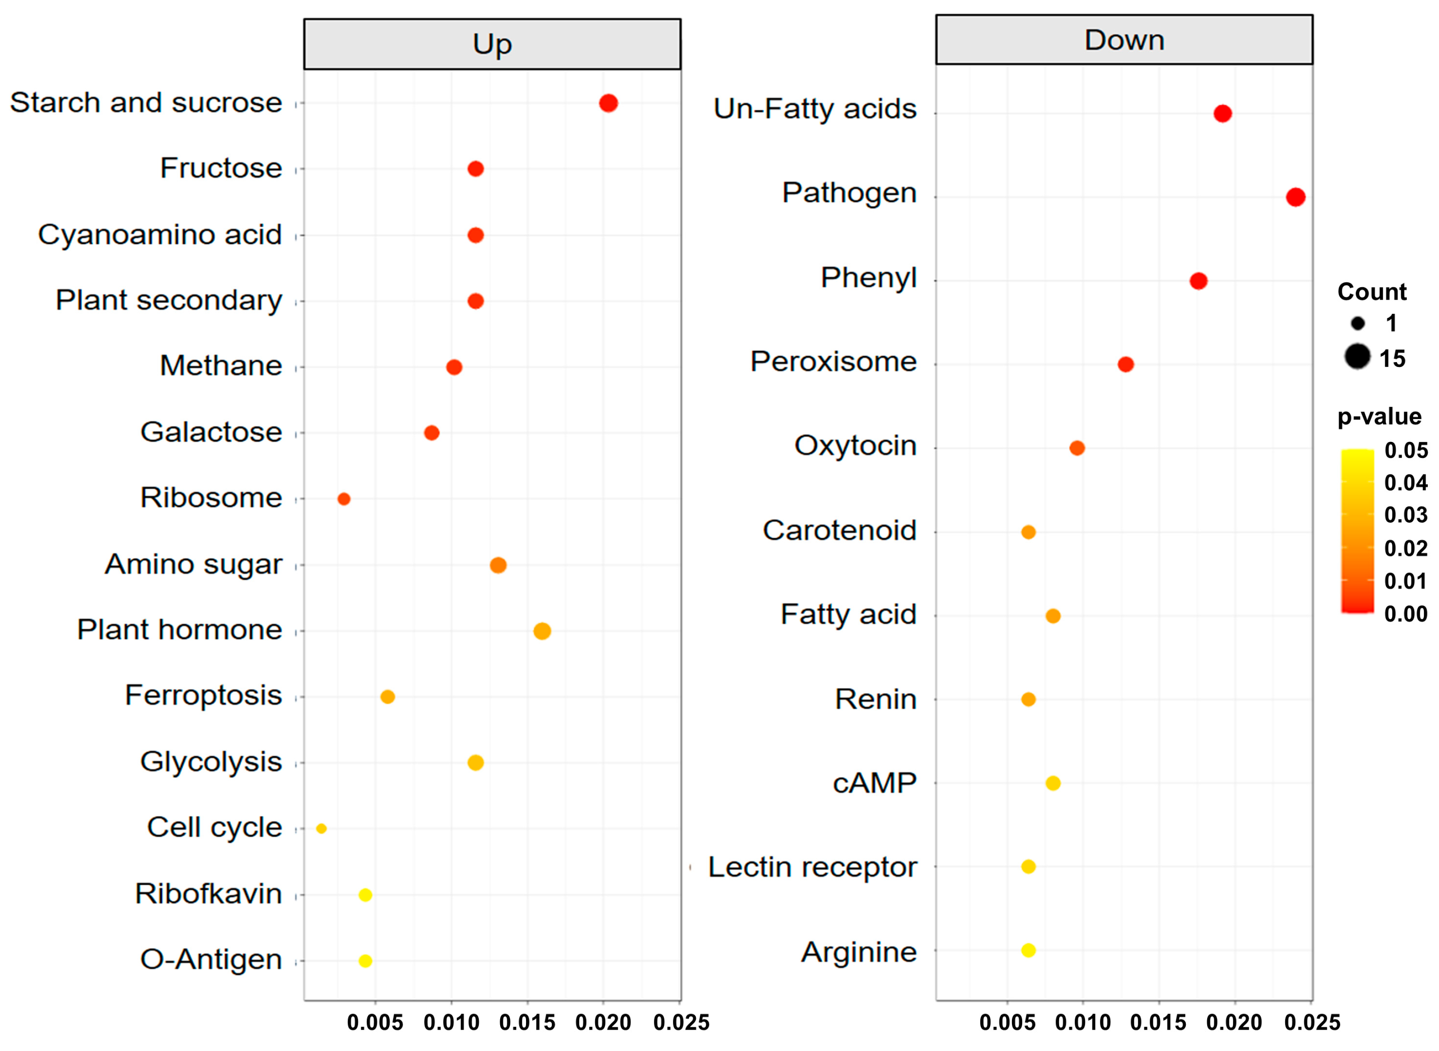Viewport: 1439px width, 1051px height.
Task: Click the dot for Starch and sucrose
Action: click(608, 103)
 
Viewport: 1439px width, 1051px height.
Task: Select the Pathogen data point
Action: click(1295, 197)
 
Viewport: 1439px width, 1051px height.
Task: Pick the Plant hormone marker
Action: click(542, 631)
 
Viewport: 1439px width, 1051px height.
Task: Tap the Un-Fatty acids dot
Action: click(1222, 113)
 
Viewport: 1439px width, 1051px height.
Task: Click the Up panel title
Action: click(492, 44)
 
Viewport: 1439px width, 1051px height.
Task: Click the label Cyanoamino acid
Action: click(160, 235)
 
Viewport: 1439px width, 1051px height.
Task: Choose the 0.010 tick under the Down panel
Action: click(1082, 1023)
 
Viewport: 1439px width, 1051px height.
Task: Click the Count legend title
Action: click(1372, 291)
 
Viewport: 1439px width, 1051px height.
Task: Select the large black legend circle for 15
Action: click(1357, 356)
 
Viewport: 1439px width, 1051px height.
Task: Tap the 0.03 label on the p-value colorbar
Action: click(1406, 515)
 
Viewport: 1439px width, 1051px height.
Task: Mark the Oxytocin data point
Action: click(1077, 448)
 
